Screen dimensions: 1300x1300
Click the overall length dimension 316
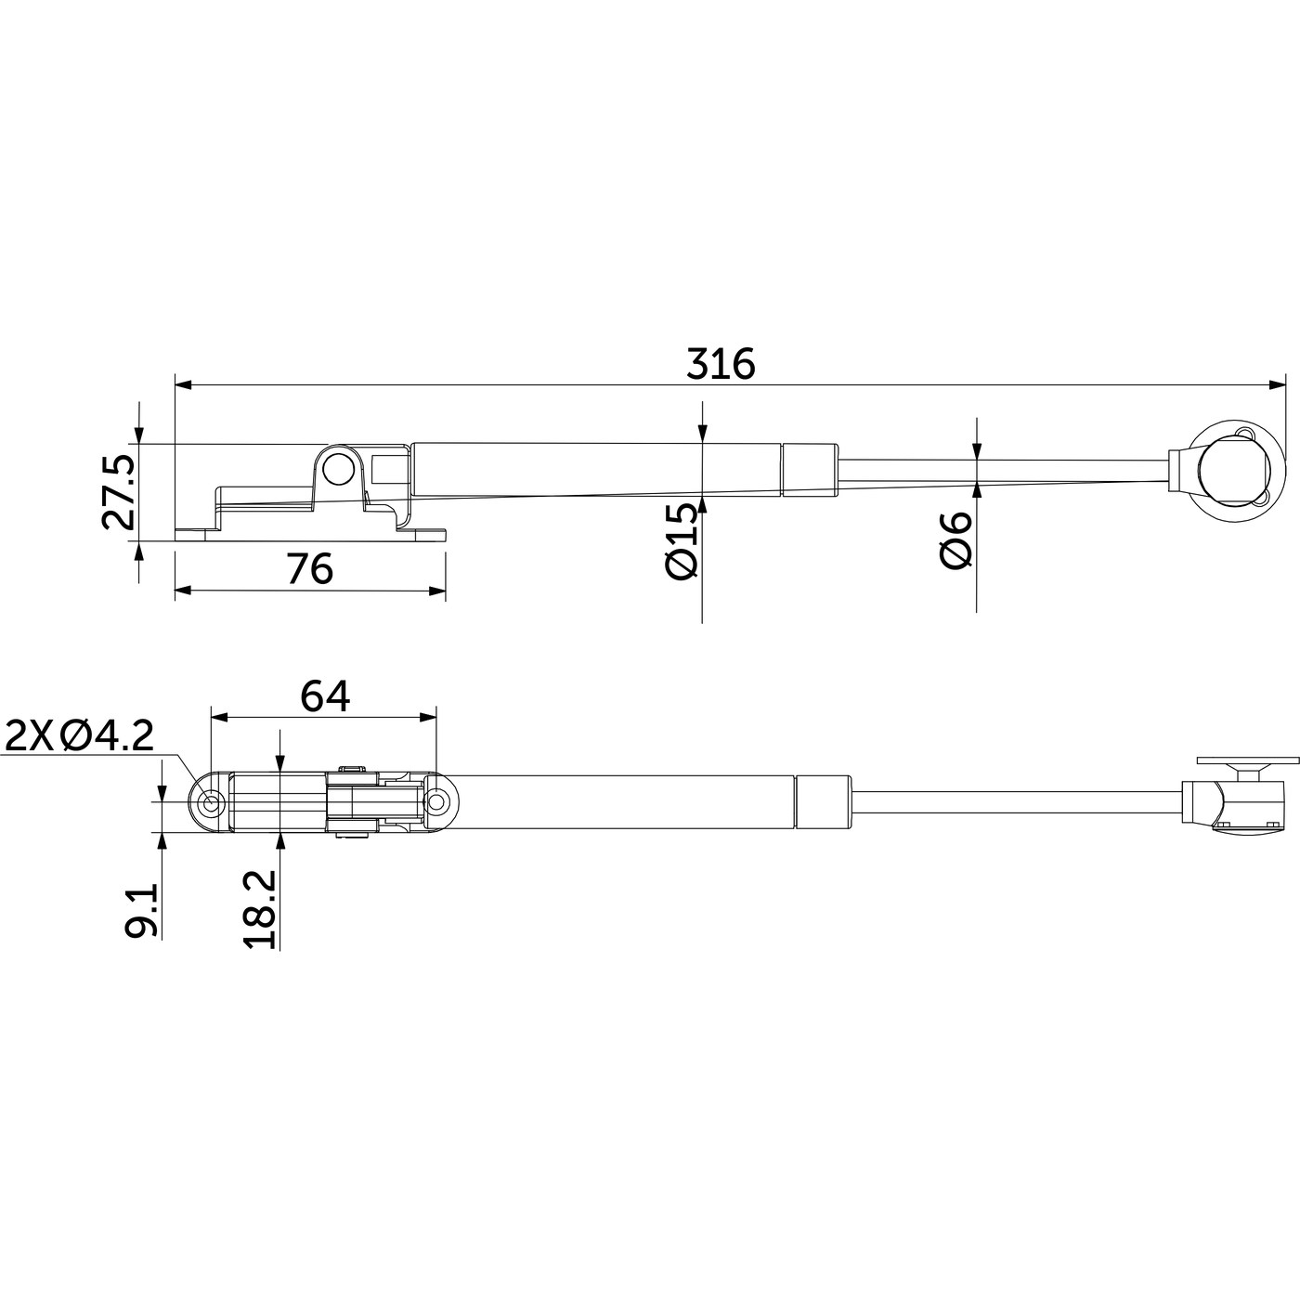[x=721, y=365]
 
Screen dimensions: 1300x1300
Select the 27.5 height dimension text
[x=119, y=492]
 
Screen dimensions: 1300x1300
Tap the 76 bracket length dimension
[x=309, y=568]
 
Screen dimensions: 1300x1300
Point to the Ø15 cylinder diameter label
[x=681, y=541]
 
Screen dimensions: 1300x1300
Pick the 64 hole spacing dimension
[x=324, y=696]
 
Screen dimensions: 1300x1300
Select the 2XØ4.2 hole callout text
[x=79, y=737]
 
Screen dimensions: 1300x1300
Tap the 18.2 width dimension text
[x=260, y=909]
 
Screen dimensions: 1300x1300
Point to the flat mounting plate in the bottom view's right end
[x=1246, y=760]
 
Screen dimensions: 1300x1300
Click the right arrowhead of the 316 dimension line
[x=1277, y=383]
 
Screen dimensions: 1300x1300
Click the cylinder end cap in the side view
[x=810, y=470]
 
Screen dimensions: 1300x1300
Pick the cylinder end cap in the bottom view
[x=823, y=801]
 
